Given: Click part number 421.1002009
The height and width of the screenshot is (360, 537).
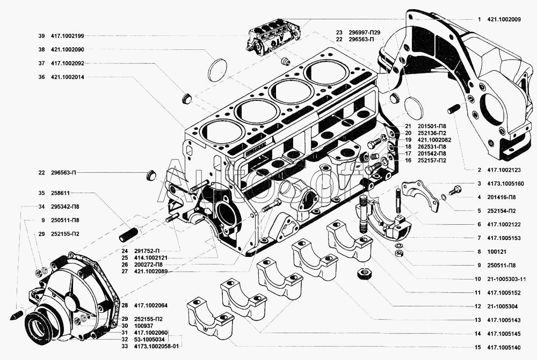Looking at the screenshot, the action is click(x=504, y=19).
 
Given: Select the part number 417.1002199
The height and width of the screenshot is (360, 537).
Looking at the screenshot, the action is click(x=68, y=36).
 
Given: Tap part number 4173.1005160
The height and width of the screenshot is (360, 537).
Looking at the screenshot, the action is click(x=505, y=184).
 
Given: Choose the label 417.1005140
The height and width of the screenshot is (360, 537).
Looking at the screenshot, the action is click(x=504, y=348).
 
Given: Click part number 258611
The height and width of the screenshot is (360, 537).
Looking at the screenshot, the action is click(x=60, y=193).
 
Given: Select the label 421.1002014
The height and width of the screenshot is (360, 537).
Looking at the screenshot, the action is click(x=68, y=77).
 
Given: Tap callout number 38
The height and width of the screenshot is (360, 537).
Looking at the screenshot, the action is click(x=41, y=49).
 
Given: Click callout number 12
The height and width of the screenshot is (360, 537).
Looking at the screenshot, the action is click(x=478, y=306).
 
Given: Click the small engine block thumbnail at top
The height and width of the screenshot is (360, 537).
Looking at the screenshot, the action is click(x=274, y=35).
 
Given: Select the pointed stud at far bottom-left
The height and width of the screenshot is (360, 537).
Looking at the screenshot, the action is click(x=17, y=314).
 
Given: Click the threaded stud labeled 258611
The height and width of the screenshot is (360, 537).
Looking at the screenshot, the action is click(x=128, y=234).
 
